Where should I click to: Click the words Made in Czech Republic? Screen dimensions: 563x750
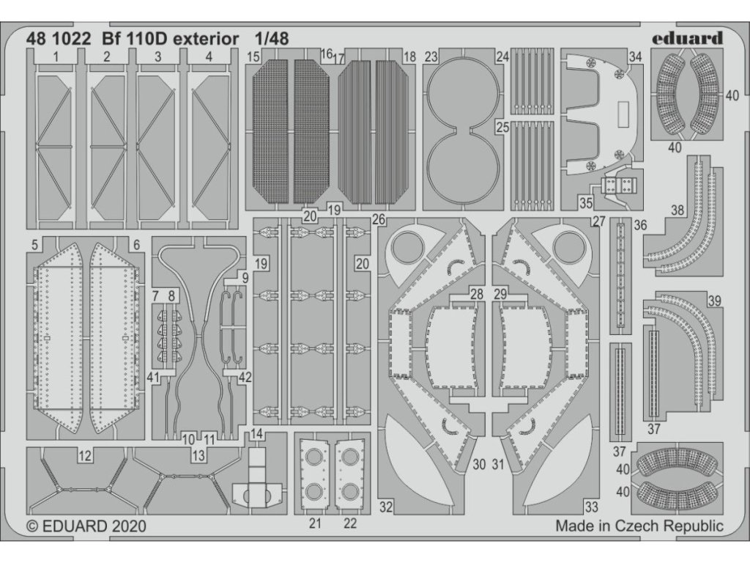tap(639, 526)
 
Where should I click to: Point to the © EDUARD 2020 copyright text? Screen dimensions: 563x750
tap(86, 526)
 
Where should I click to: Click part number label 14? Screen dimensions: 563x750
tap(256, 433)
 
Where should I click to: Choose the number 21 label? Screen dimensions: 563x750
tap(316, 523)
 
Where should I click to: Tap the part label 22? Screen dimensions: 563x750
tap(350, 523)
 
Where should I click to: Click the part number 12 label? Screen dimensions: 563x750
tap(86, 456)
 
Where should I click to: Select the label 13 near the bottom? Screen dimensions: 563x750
tap(198, 456)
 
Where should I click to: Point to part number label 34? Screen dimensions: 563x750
tap(635, 56)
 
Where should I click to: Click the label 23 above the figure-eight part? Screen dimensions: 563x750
tap(431, 56)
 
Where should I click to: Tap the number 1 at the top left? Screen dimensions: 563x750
tap(56, 56)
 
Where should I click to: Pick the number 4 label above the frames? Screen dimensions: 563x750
tap(209, 56)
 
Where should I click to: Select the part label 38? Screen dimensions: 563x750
tap(677, 210)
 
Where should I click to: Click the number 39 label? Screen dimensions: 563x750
tap(714, 301)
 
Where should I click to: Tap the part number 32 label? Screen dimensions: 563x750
tap(387, 506)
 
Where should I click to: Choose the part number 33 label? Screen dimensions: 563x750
tap(591, 506)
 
